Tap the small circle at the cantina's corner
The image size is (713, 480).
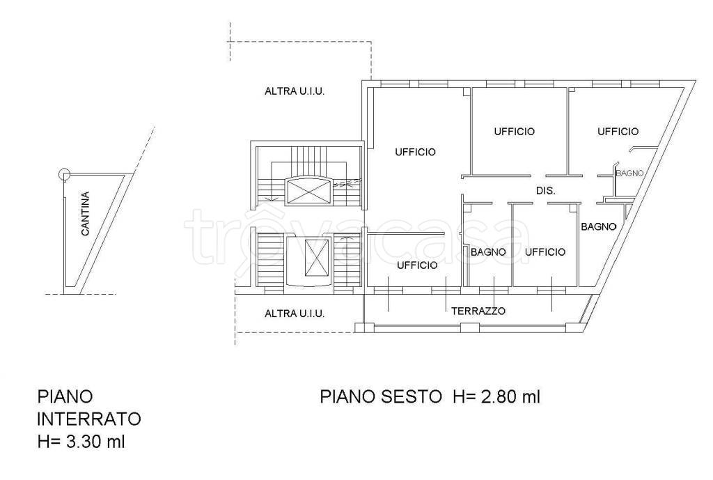click(x=64, y=173)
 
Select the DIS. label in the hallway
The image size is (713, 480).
click(x=545, y=191)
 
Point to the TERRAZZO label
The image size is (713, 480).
click(x=478, y=311)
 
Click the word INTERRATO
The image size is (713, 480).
click(x=89, y=419)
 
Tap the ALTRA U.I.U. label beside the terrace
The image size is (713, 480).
click(x=295, y=313)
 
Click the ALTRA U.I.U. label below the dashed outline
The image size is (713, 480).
click(x=295, y=91)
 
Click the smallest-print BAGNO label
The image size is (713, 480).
click(x=629, y=173)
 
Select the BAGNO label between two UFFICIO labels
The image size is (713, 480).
click(x=487, y=252)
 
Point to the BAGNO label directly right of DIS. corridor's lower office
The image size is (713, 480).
click(x=598, y=226)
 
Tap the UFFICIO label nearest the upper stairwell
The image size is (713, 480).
click(x=416, y=152)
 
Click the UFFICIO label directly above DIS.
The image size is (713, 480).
click(x=515, y=131)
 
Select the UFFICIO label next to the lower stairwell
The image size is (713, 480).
click(x=418, y=265)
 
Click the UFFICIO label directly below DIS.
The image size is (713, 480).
click(x=544, y=252)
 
